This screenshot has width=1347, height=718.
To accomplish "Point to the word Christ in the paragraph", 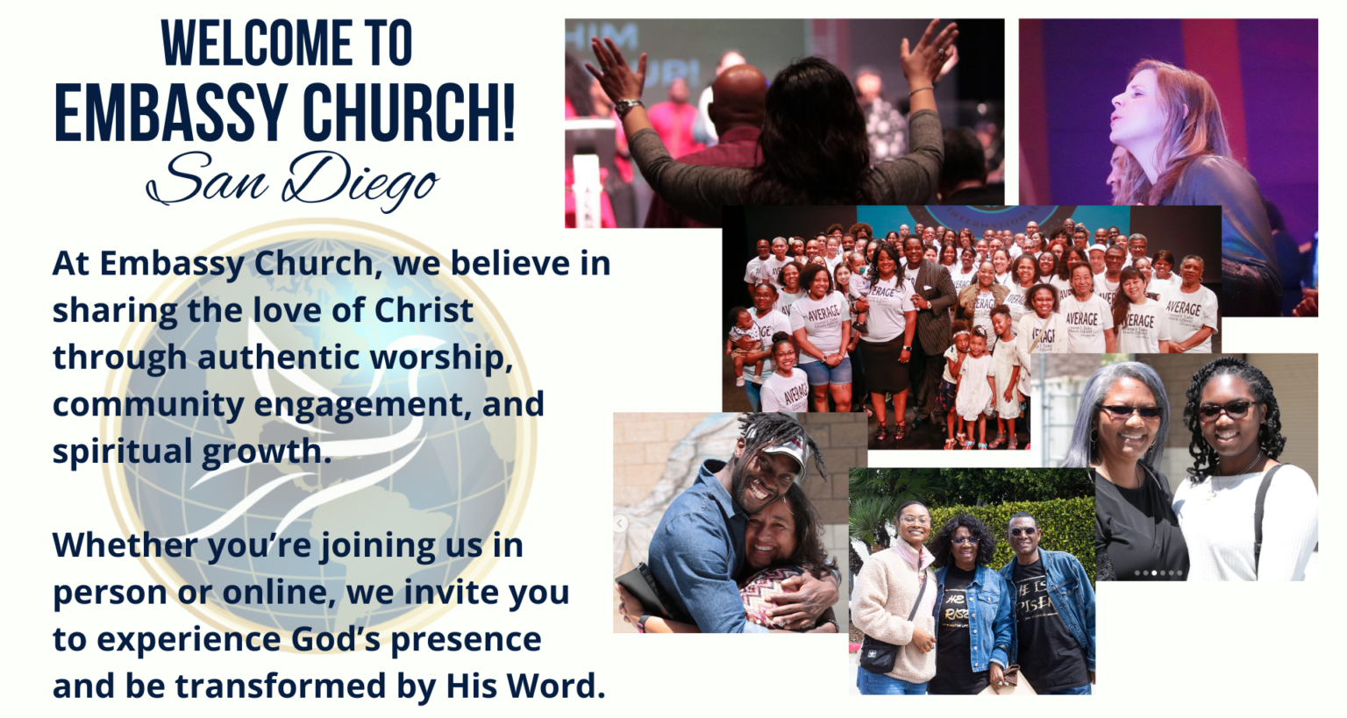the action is coord(424,310).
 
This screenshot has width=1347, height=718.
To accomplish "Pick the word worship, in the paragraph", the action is coord(441,359).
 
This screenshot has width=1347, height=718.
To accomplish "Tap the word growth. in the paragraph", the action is coord(267,451).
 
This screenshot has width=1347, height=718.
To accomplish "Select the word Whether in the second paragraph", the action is coord(125,544).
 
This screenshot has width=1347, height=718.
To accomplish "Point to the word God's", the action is coord(336,638).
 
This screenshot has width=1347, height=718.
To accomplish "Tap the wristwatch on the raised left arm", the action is coord(629,107).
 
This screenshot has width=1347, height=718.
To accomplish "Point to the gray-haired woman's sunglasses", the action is coord(1130,411).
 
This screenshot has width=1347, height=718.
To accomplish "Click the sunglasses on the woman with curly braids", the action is coord(1228,409).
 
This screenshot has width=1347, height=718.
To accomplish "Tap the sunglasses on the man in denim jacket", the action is coord(1023,531).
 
